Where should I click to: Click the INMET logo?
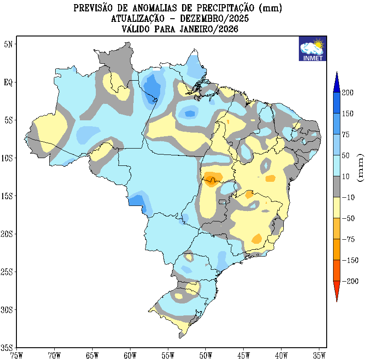(313, 48)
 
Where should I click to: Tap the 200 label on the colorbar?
(348, 93)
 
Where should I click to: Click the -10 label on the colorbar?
(349, 197)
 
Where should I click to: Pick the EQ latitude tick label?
(8, 82)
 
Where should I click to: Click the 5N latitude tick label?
(8, 44)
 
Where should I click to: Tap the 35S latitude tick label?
(6, 347)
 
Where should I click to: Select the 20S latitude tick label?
(6, 234)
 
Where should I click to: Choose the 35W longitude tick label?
(319, 354)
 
